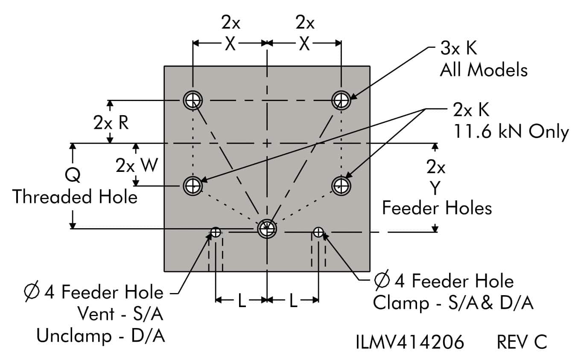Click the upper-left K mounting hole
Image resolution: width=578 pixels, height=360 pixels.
click(193, 101)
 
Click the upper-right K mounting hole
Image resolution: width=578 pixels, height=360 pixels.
click(341, 101)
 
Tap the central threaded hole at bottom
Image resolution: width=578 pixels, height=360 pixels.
click(267, 229)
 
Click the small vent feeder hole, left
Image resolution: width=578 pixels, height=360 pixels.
click(216, 232)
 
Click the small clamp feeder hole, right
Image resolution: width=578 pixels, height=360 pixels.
click(318, 232)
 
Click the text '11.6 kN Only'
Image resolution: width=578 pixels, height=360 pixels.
click(511, 132)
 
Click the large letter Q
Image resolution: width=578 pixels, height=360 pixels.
click(73, 175)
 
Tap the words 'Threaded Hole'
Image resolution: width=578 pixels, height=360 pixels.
click(75, 197)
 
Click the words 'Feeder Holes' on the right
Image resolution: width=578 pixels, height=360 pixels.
click(437, 208)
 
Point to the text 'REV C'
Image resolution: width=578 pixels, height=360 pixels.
click(522, 342)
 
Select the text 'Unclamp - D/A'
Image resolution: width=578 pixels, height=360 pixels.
click(101, 336)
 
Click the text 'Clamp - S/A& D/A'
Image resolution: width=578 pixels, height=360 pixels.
click(453, 303)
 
